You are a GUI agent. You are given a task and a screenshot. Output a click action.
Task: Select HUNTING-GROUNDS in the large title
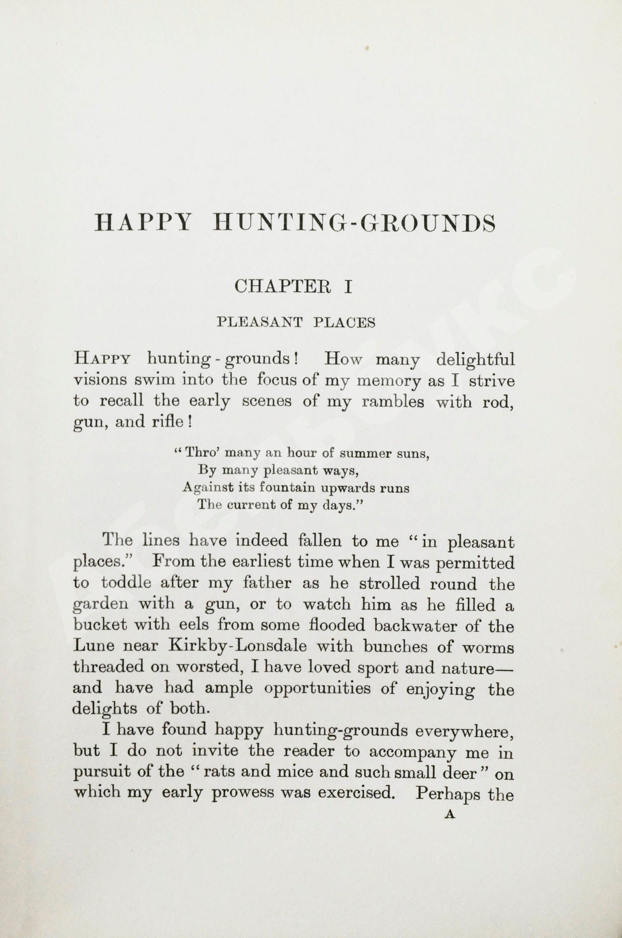click(354, 223)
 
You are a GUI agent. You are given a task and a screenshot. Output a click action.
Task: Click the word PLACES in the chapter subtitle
click(344, 323)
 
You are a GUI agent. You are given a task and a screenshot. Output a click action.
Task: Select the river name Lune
click(94, 646)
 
